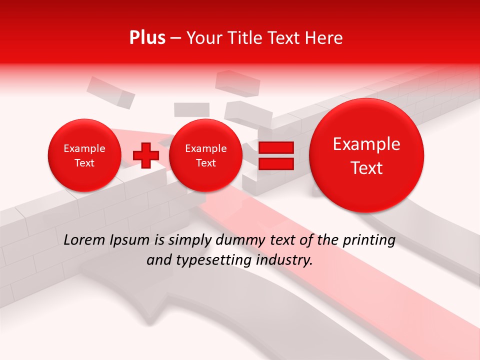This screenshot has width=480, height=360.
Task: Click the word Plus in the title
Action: pos(147,38)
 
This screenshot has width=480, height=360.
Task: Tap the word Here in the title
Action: pos(324,38)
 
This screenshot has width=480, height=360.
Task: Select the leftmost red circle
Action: pos(84,155)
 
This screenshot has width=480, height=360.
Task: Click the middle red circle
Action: pos(205,155)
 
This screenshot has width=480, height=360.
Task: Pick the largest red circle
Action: pos(366,155)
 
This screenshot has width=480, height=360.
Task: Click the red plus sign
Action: pos(145,155)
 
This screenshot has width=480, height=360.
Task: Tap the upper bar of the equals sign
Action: pos(275,147)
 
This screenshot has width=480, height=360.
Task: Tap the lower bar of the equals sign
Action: pos(275,164)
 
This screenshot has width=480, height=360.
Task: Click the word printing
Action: pos(368,240)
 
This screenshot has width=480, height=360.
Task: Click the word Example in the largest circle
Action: pos(366,144)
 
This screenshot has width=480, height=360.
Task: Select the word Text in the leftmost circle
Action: pos(84,163)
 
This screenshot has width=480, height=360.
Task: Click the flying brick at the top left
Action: pos(111,92)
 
